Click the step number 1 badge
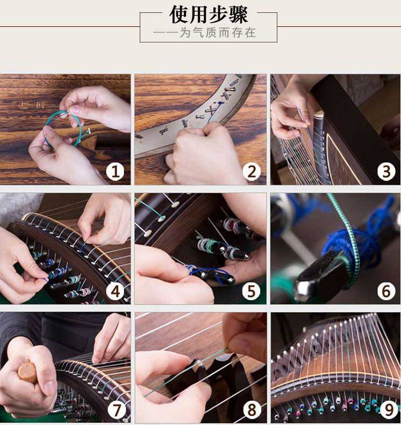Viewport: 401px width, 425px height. click(x=115, y=171)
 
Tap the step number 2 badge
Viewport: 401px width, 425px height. click(x=252, y=171)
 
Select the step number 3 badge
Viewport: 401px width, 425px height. click(x=386, y=171)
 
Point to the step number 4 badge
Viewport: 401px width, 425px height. click(x=115, y=291)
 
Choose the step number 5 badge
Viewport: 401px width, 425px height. click(x=252, y=291)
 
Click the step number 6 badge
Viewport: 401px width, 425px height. click(x=386, y=291)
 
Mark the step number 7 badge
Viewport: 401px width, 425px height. click(x=117, y=410)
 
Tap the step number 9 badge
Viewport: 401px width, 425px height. click(x=388, y=410)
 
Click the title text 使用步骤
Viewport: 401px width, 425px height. click(x=209, y=15)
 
